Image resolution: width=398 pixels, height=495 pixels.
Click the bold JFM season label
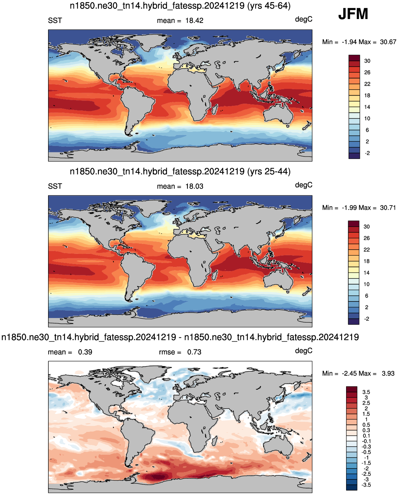click(353, 14)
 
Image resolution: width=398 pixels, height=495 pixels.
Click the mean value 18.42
click(194, 20)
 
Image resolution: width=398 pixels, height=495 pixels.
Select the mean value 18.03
click(194, 186)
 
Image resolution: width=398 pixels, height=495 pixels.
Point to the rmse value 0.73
click(194, 352)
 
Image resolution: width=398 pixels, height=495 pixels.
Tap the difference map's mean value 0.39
click(85, 352)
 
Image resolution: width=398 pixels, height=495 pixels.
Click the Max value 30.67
click(388, 42)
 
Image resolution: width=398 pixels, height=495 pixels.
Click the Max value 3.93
click(388, 373)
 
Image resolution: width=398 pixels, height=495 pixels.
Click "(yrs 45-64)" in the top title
click(269, 6)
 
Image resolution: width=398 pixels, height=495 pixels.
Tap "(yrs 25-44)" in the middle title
click(269, 171)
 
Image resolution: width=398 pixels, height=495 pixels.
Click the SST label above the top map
click(55, 20)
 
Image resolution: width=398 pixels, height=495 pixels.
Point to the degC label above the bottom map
click(303, 351)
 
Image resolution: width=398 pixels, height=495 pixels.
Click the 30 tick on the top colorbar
click(367, 61)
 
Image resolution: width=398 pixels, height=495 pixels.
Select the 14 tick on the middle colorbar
click(367, 273)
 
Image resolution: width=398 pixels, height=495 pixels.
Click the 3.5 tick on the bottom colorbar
click(366, 392)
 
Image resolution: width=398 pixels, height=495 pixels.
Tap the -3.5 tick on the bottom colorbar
click(366, 485)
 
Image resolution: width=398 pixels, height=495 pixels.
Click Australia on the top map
click(278, 114)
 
